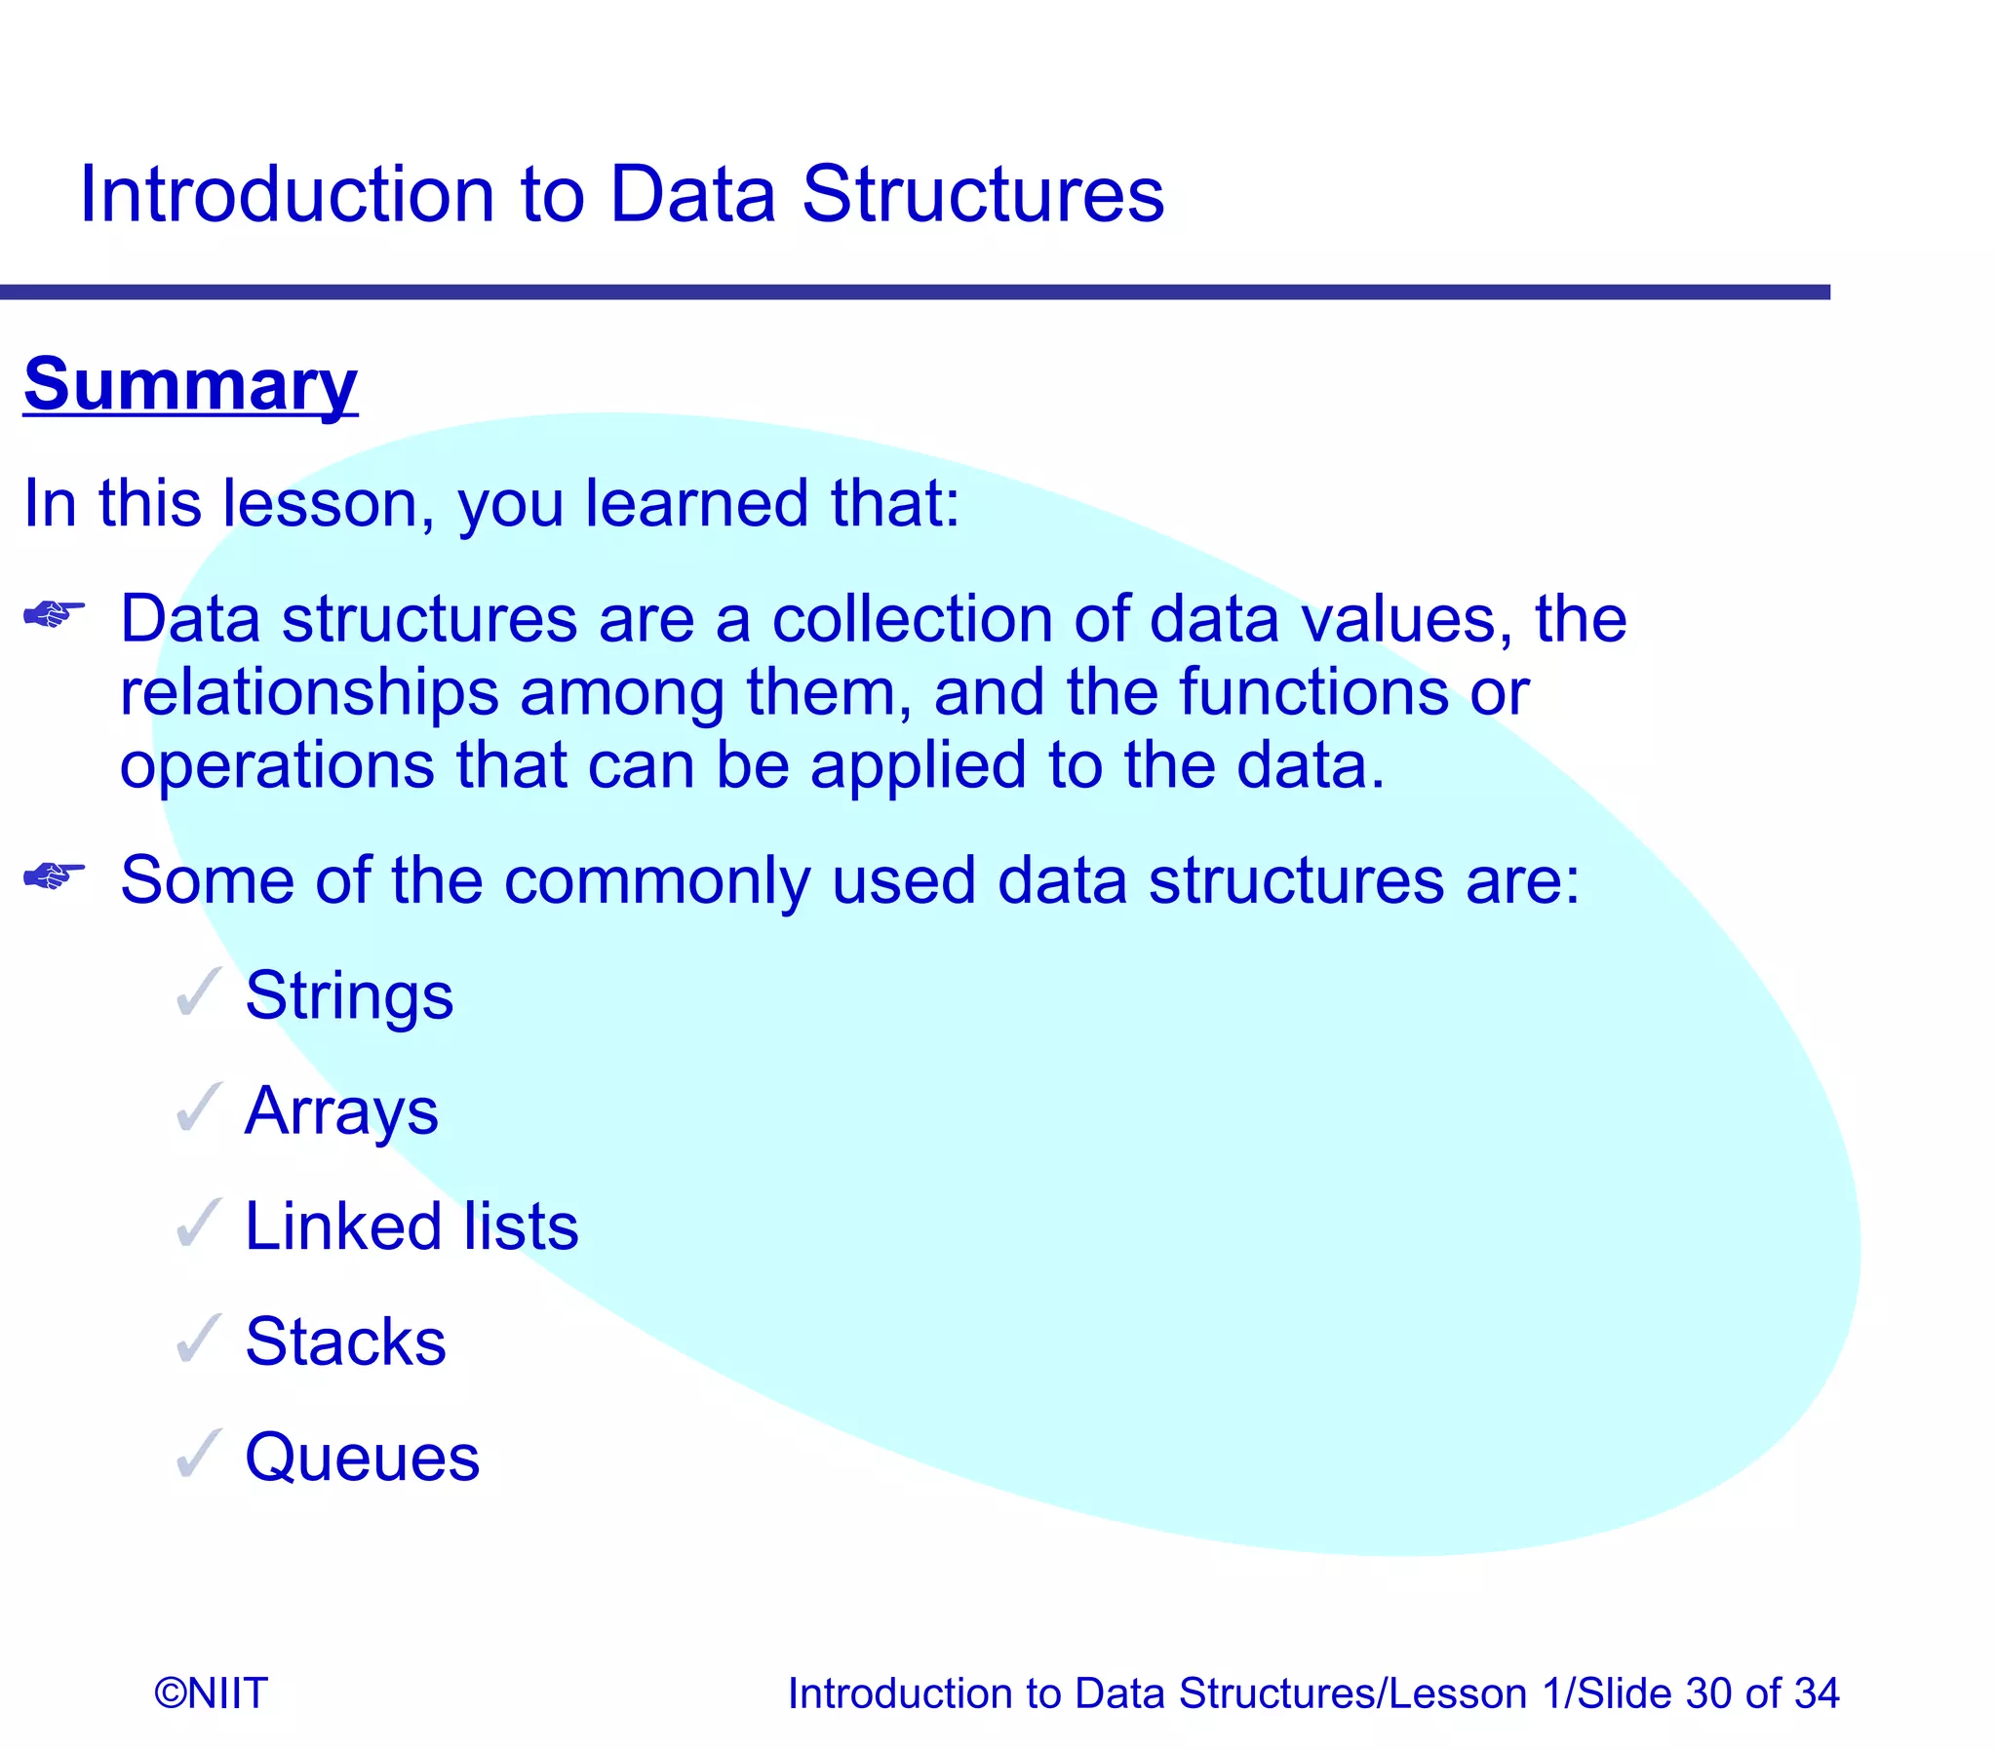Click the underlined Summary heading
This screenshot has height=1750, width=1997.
[x=190, y=385]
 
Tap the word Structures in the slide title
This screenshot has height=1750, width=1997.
[x=982, y=194]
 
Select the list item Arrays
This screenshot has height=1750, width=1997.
[x=341, y=1110]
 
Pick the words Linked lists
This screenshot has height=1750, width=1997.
[x=411, y=1225]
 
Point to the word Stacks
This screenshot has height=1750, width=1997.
[x=345, y=1341]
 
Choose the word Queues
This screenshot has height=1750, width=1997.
[x=362, y=1457]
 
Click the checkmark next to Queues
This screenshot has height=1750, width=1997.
[x=198, y=1454]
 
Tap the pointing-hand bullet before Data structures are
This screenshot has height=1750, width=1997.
[x=54, y=614]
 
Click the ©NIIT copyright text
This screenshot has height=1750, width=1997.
[x=210, y=1692]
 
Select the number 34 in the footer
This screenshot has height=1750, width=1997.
[x=1816, y=1692]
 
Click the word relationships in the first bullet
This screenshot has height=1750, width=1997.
[x=309, y=692]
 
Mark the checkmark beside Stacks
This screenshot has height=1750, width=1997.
[x=198, y=1339]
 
